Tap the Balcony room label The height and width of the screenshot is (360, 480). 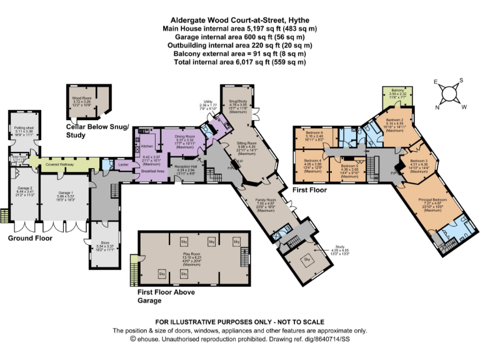pyautogui.click(x=397, y=90)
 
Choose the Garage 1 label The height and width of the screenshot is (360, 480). pyautogui.click(x=66, y=193)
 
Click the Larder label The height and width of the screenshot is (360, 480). pyautogui.click(x=123, y=165)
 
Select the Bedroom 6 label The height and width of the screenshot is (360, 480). pyautogui.click(x=314, y=133)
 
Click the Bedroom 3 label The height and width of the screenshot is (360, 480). pyautogui.click(x=418, y=161)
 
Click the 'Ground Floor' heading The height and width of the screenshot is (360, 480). pyautogui.click(x=29, y=238)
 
